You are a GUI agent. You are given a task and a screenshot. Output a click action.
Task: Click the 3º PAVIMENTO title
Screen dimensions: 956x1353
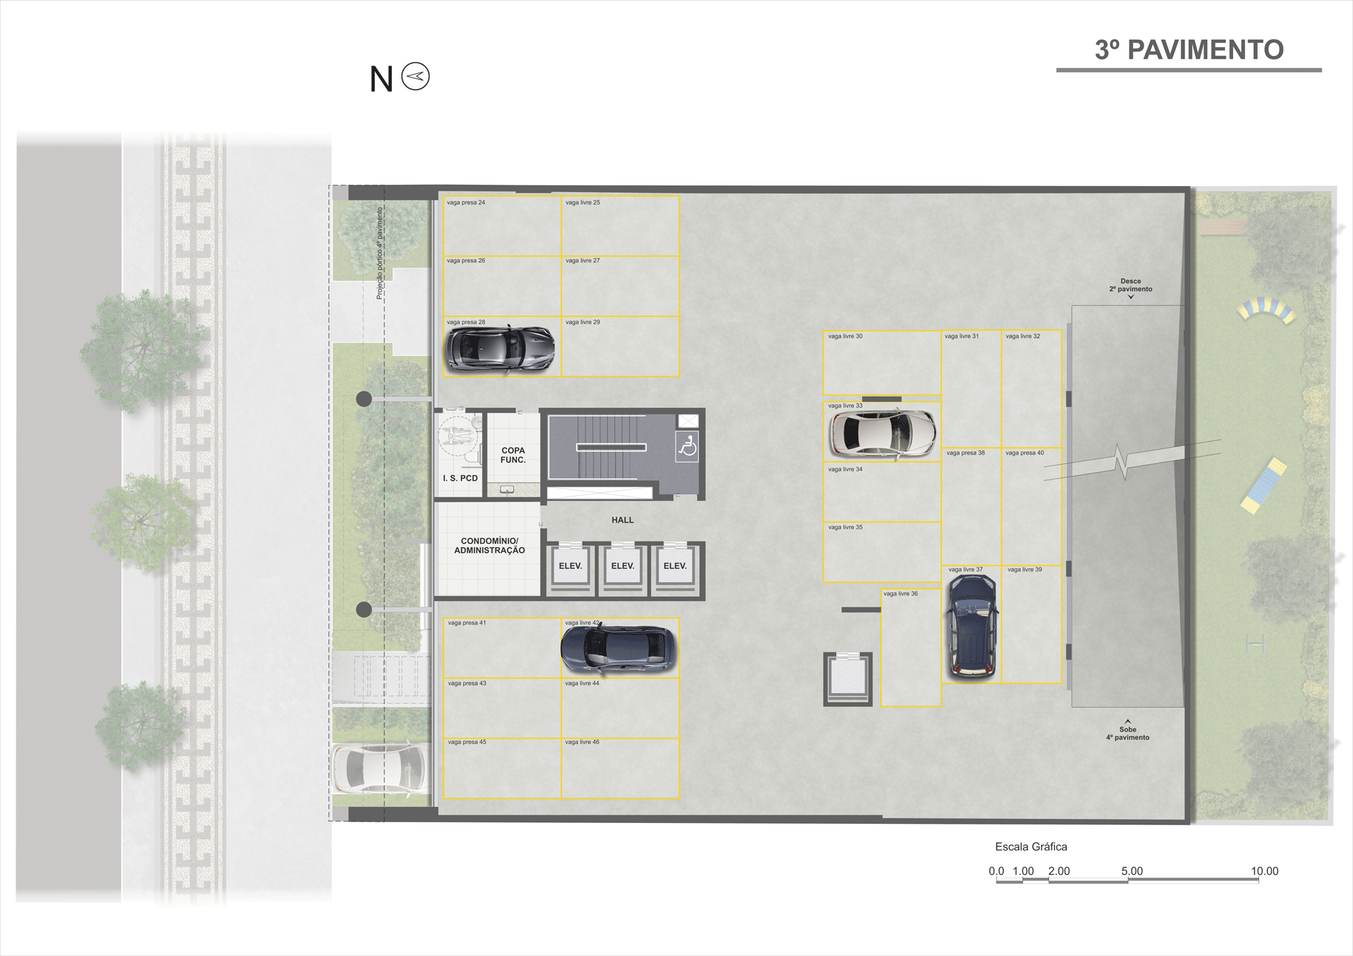[1188, 49]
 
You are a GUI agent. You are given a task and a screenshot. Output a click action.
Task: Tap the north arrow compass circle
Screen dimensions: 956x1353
[416, 76]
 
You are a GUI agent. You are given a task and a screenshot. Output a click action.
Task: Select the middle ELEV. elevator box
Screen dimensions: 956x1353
[623, 567]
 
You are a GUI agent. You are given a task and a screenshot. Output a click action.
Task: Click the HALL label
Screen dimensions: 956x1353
[623, 520]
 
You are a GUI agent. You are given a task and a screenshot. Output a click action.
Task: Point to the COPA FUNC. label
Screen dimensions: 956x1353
[513, 455]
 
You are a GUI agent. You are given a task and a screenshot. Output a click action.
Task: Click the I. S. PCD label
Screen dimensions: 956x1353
[460, 478]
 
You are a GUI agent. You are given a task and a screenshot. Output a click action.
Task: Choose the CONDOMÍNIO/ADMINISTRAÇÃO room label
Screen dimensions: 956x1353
[489, 546]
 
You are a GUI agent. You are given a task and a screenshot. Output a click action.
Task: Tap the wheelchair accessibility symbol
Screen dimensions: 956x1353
[688, 447]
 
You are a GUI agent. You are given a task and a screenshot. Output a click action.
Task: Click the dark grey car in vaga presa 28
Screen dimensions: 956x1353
[500, 347]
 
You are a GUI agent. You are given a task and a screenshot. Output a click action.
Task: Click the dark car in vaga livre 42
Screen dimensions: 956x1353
[619, 648]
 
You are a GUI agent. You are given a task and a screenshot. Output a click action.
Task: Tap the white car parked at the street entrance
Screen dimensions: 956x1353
[380, 768]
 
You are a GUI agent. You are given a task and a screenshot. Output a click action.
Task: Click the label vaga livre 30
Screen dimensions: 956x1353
[845, 336]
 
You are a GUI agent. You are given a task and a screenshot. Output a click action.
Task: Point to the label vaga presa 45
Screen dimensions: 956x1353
[467, 742]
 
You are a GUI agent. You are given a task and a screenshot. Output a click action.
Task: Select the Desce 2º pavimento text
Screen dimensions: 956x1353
[1130, 285]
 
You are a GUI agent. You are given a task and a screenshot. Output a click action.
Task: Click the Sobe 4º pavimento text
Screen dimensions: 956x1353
[1127, 733]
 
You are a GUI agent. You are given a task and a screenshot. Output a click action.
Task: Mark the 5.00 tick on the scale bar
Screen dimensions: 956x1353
[1131, 871]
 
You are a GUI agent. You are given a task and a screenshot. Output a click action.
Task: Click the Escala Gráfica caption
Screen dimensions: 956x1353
[1031, 847]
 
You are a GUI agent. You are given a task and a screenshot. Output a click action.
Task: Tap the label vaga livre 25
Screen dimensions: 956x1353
[583, 202]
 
